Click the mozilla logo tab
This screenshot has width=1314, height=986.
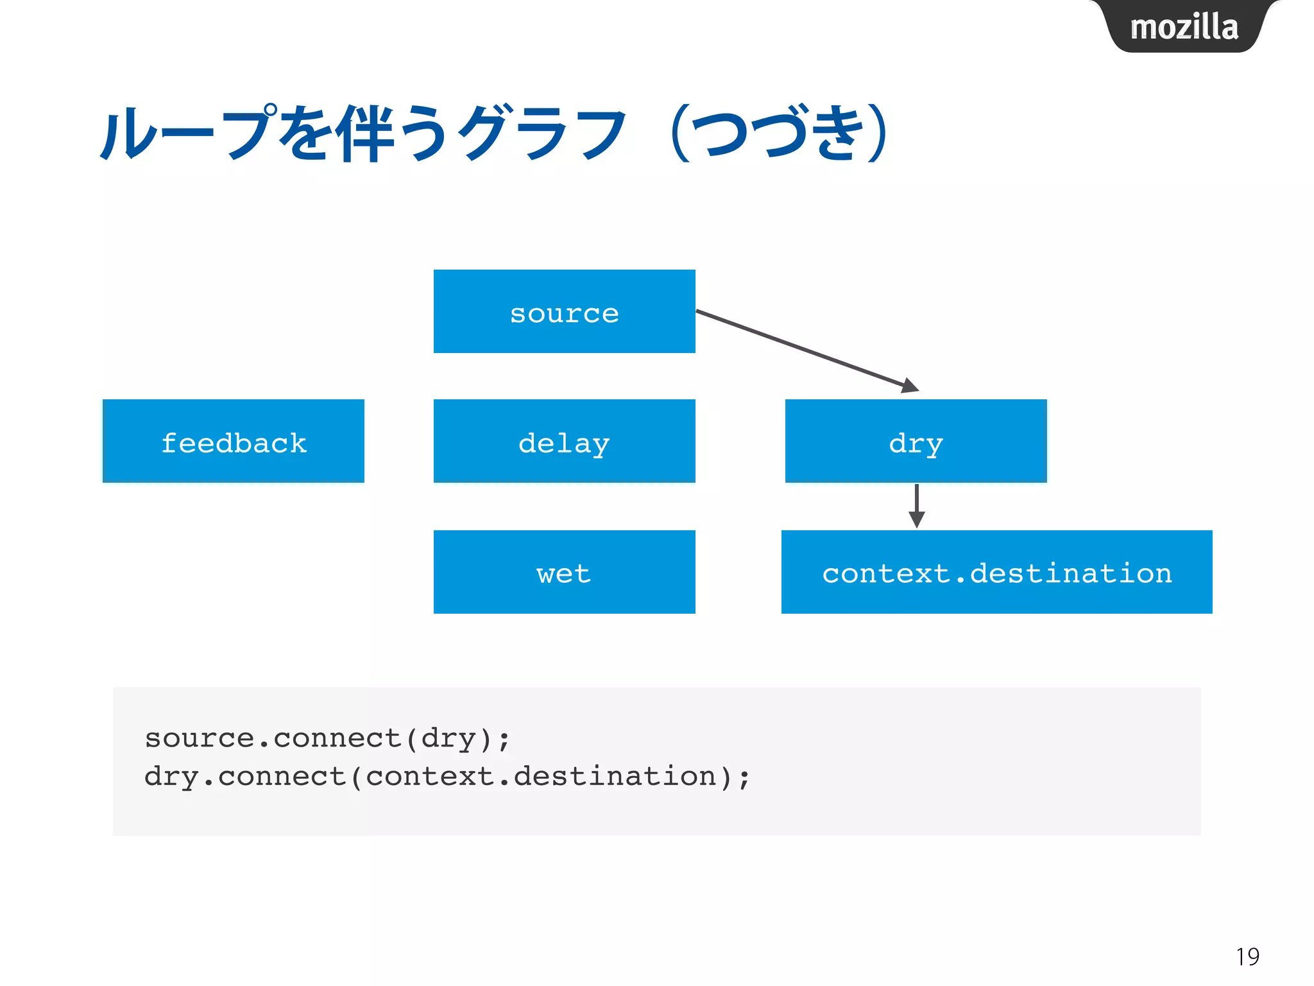pyautogui.click(x=1184, y=27)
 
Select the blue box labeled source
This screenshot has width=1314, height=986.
pyautogui.click(x=564, y=311)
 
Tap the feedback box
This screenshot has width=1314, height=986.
pyautogui.click(x=233, y=441)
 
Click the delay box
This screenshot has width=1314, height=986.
pyautogui.click(x=564, y=441)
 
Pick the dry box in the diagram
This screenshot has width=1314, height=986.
pyautogui.click(x=916, y=441)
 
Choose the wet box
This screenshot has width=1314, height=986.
pyautogui.click(x=564, y=572)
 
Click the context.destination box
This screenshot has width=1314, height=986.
pyautogui.click(x=996, y=572)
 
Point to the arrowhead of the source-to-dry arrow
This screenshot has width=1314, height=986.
pyautogui.click(x=910, y=386)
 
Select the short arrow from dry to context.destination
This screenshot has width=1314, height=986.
pyautogui.click(x=917, y=505)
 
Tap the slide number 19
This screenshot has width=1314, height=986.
pyautogui.click(x=1247, y=956)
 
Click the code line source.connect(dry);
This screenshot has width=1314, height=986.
pyautogui.click(x=327, y=738)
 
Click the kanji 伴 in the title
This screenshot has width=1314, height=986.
pyautogui.click(x=367, y=134)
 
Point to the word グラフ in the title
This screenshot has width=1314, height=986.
pyautogui.click(x=542, y=134)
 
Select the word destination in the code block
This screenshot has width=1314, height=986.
pyautogui.click(x=614, y=777)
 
